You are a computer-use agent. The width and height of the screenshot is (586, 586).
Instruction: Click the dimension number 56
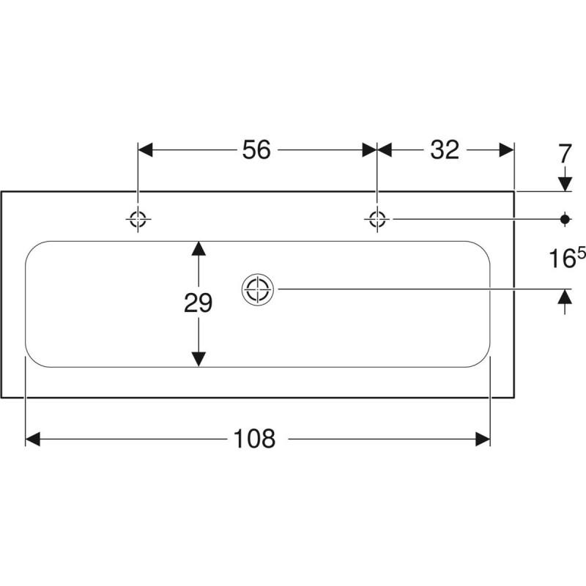click(256, 150)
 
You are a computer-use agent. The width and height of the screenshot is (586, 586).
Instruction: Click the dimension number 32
click(445, 150)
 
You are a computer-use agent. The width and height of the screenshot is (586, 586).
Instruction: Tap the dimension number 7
click(565, 154)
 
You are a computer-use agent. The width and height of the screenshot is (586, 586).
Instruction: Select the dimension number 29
click(198, 303)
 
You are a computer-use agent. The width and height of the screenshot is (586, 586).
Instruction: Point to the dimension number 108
click(254, 438)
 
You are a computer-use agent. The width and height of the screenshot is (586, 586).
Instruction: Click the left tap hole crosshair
click(138, 219)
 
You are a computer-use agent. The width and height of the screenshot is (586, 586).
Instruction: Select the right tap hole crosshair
click(377, 219)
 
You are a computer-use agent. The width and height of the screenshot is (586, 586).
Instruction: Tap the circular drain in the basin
click(258, 289)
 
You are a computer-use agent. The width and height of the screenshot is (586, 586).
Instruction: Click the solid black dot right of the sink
click(565, 219)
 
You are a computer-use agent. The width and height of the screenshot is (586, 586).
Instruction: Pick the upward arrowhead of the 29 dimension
click(199, 248)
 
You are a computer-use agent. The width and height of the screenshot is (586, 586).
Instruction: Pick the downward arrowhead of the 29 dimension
click(199, 359)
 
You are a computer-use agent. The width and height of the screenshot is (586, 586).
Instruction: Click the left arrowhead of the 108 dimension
click(32, 439)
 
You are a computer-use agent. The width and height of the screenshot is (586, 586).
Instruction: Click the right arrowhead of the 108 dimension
click(483, 439)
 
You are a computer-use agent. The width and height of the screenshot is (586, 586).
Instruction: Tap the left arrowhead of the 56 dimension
click(145, 150)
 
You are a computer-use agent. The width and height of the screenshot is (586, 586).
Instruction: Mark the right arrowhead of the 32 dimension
click(507, 150)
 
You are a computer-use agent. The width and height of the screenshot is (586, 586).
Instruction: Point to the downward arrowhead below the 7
click(565, 184)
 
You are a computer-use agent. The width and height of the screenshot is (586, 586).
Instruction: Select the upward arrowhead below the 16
click(565, 297)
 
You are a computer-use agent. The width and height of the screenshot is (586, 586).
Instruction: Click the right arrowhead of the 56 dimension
click(370, 150)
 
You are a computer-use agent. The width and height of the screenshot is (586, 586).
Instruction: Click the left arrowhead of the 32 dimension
click(384, 150)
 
